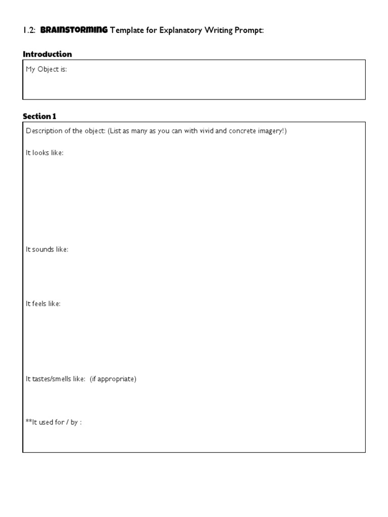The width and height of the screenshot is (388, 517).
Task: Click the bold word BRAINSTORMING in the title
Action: pos(74,30)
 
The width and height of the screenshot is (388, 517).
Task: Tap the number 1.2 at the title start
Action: pos(28,30)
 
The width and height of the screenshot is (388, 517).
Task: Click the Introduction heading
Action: pos(47,54)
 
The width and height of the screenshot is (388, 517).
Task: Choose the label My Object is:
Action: pos(46,70)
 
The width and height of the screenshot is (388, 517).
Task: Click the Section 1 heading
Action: pos(39,116)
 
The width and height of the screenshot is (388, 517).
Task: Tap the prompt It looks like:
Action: pos(44,152)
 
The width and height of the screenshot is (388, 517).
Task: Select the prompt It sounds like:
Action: pos(47,249)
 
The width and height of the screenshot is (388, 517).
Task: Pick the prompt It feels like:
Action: pos(43,303)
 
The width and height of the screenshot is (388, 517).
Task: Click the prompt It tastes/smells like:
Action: pos(56,379)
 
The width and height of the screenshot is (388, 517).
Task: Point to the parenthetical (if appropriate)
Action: pos(113,379)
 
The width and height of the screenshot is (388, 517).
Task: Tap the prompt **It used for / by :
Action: pos(54,422)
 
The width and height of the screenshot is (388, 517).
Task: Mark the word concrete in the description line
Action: pos(244,131)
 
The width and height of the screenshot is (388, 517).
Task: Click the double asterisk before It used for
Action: pos(28,422)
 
